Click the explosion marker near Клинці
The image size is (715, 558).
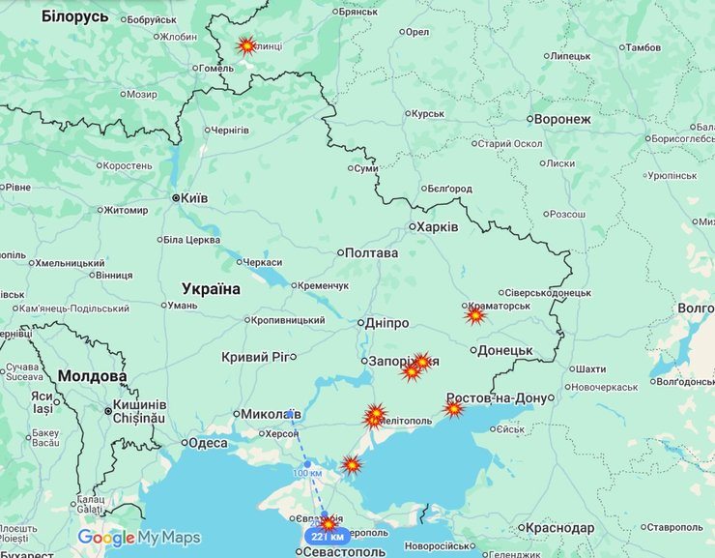tap(246, 45)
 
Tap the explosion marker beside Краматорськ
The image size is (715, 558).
tap(474, 315)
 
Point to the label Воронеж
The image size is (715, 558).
tap(561, 120)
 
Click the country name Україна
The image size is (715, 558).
tap(211, 288)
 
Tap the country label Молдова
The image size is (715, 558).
tap(92, 376)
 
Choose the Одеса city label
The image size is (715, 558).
tap(207, 443)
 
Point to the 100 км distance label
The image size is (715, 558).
tap(306, 472)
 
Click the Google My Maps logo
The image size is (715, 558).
tap(139, 538)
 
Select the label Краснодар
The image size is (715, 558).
tap(560, 528)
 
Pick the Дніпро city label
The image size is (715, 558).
tap(387, 323)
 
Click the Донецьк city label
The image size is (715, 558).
tap(505, 350)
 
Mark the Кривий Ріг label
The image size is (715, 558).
tap(255, 357)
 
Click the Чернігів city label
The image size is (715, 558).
tap(229, 131)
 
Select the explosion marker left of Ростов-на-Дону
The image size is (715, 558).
tap(453, 409)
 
